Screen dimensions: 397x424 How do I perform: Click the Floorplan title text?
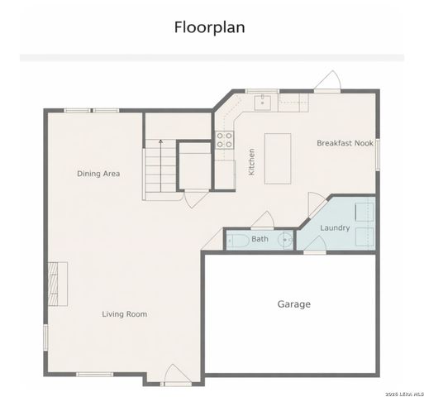(x=209, y=27)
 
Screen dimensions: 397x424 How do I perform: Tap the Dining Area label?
(x=99, y=174)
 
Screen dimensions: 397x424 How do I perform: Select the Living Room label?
(x=124, y=314)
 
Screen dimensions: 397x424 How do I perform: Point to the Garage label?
(x=293, y=304)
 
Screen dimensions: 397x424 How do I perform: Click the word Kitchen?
(x=252, y=161)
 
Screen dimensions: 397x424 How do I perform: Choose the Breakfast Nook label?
(x=345, y=143)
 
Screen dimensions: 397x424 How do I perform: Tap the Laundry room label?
(x=335, y=228)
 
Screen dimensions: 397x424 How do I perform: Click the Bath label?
(x=260, y=240)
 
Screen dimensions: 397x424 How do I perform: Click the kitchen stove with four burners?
(x=224, y=141)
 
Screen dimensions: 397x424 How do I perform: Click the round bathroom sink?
(x=285, y=241)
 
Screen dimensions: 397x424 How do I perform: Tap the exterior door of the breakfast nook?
(x=327, y=82)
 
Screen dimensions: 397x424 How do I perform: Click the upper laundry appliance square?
(x=364, y=211)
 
